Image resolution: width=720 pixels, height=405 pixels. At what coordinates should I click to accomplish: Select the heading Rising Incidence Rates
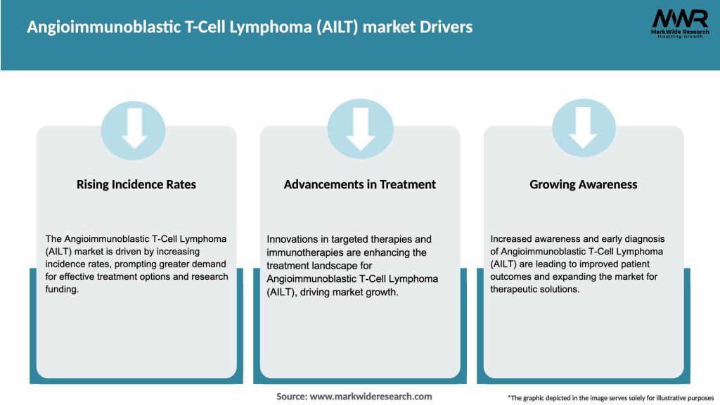tap(136, 185)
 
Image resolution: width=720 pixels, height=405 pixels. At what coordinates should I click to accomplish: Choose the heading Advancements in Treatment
tap(360, 185)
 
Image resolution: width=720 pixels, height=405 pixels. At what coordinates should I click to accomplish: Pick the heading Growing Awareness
tap(584, 185)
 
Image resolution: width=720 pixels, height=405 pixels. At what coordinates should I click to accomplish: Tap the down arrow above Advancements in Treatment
tap(360, 127)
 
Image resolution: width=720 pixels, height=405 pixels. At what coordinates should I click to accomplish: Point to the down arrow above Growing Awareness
tap(584, 127)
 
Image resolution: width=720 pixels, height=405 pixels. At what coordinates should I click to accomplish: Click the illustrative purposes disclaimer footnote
tap(610, 398)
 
